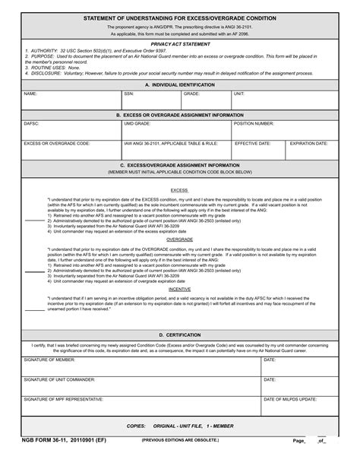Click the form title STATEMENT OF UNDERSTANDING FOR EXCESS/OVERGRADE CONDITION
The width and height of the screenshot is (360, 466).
[x=179, y=17]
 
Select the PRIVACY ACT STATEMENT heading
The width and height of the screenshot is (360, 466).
[x=179, y=44]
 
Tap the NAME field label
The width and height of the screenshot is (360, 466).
[x=30, y=94]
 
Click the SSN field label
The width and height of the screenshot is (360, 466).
[x=130, y=94]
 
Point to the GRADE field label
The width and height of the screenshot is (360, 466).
[x=191, y=94]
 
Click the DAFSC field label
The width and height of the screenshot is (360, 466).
[x=32, y=123]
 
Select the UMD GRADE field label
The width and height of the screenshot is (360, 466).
[x=137, y=123]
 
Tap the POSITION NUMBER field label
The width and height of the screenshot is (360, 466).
[x=254, y=123]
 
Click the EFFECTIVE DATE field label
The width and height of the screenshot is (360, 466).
[x=253, y=143]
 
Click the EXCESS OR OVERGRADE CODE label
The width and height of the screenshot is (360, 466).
[x=57, y=143]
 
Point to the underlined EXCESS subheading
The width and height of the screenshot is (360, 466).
[x=179, y=191]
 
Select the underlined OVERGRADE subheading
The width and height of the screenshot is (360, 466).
[x=179, y=239]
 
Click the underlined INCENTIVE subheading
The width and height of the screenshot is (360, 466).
[x=179, y=289]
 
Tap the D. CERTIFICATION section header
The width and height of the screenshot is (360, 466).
[x=179, y=334]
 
